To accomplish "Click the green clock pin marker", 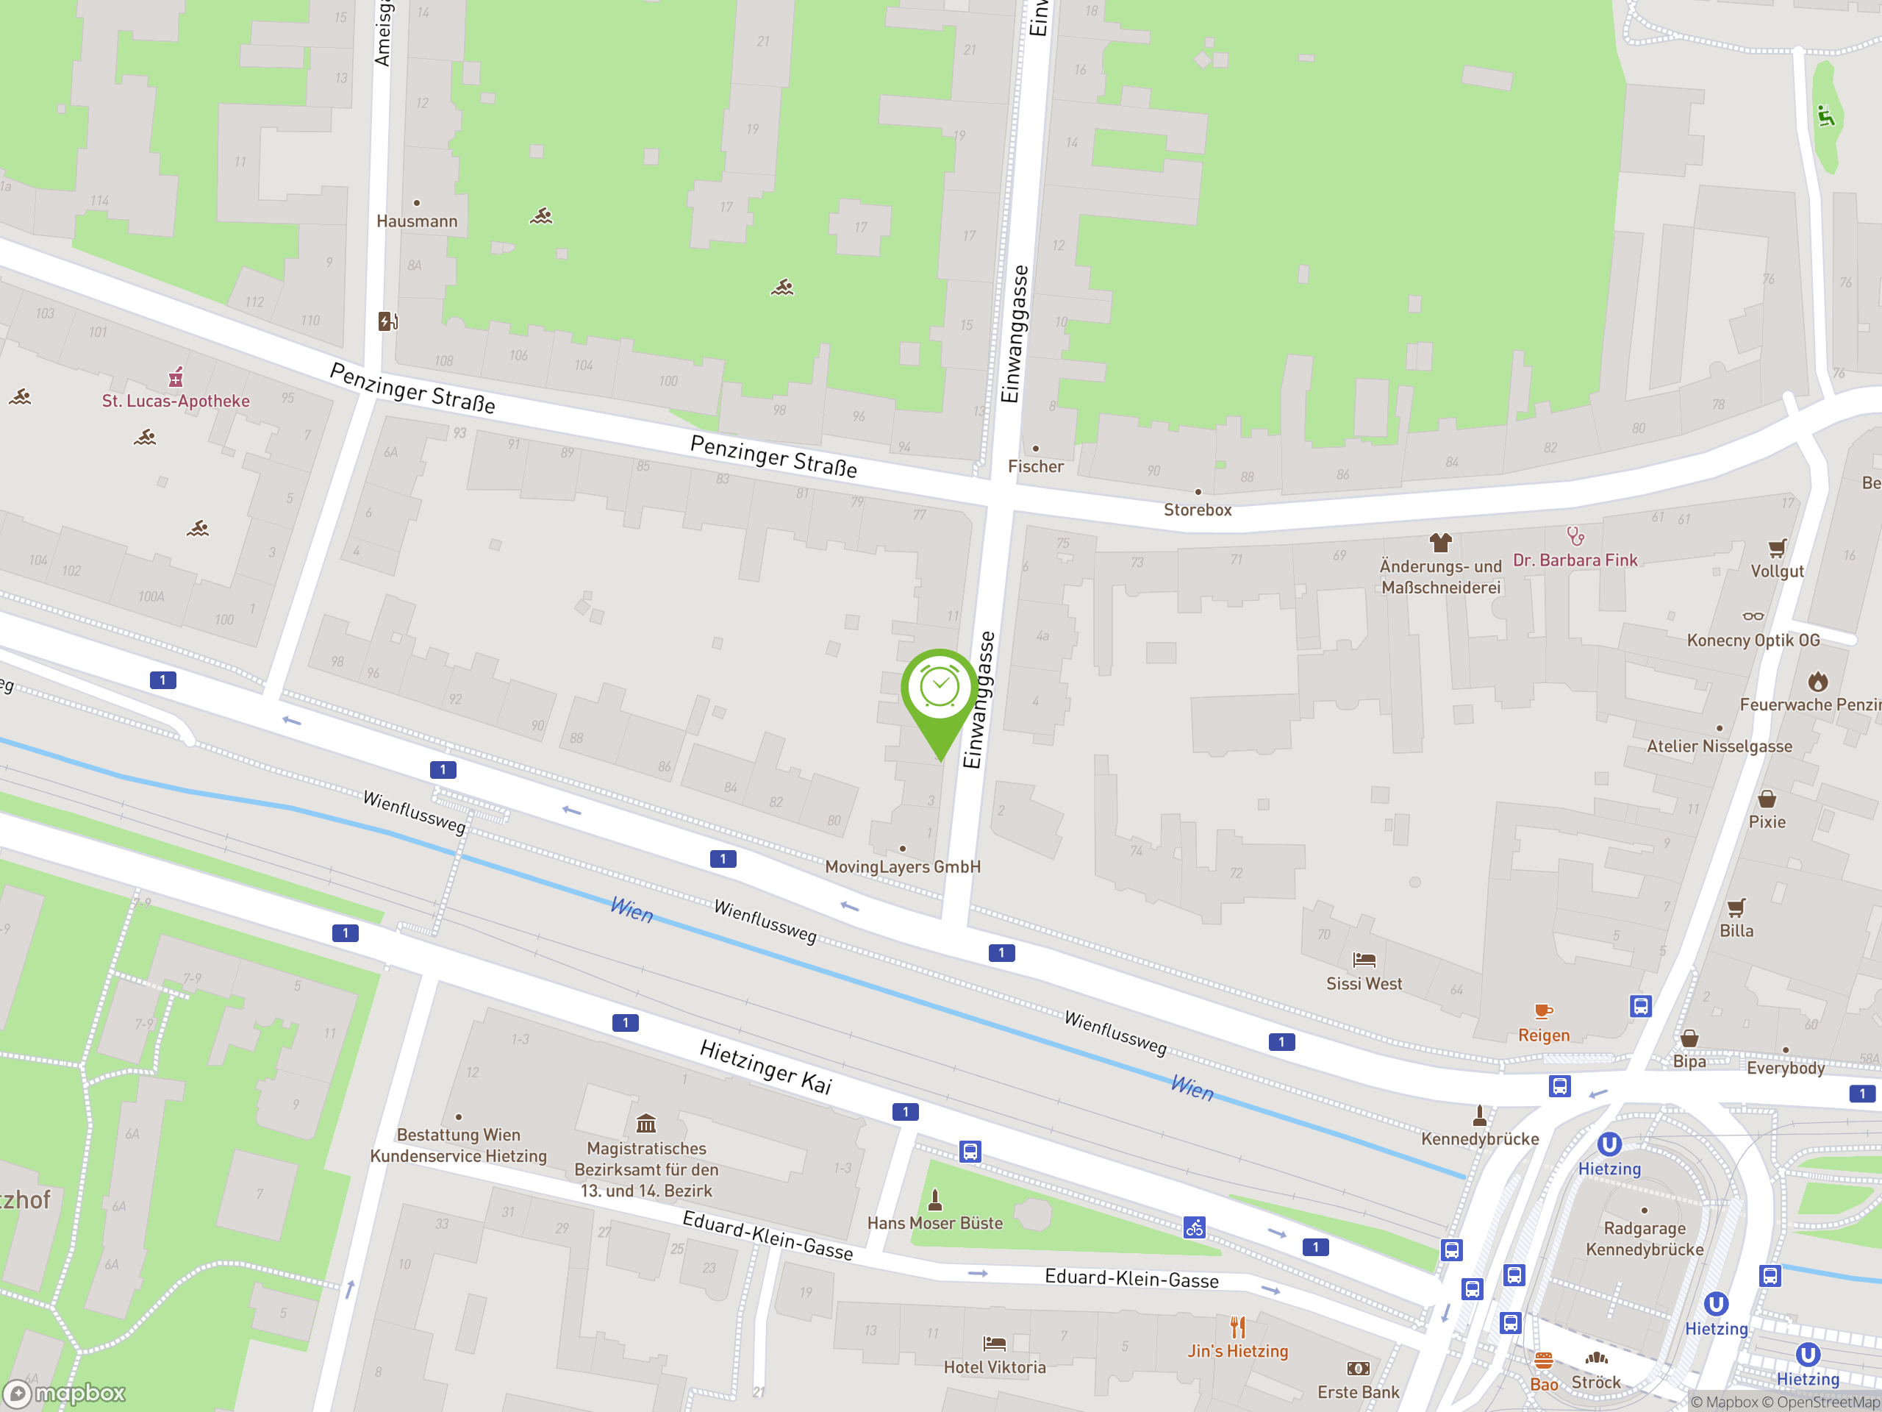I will [x=940, y=689].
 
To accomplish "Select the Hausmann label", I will [x=417, y=221].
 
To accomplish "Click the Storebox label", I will [x=1197, y=510].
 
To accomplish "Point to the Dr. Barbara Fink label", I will [x=1575, y=560].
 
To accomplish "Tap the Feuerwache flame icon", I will [x=1818, y=682].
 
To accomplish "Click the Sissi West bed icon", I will [x=1364, y=960].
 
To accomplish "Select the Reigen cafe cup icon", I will [x=1543, y=1011].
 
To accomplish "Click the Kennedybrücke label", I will [x=1480, y=1138].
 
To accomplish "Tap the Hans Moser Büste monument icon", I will [x=935, y=1200].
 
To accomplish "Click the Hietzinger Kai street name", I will [x=766, y=1066].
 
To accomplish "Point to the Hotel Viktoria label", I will [x=995, y=1367].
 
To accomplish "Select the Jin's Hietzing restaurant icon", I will [x=1238, y=1327].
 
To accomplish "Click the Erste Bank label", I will [x=1358, y=1392].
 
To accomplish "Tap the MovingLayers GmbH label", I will [x=903, y=866].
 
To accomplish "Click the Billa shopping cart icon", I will [x=1736, y=908].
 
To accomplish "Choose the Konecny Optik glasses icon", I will [x=1753, y=616].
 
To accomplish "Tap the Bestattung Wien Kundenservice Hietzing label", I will [x=459, y=1145].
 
